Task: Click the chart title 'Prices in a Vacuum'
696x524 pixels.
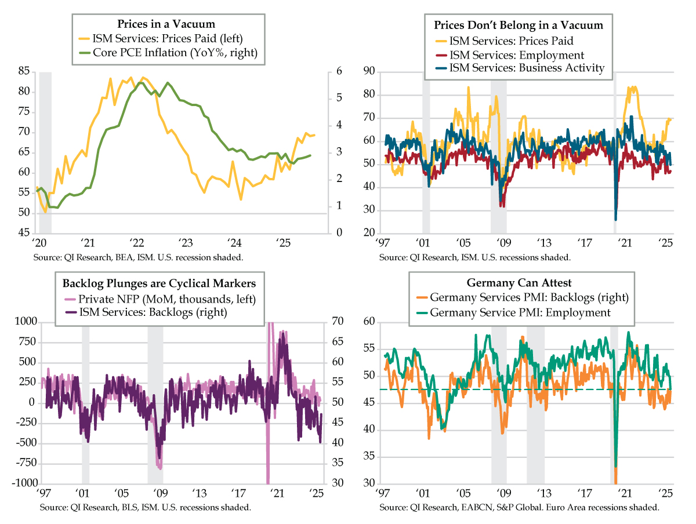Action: tap(166, 24)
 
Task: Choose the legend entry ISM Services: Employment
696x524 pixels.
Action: tap(517, 55)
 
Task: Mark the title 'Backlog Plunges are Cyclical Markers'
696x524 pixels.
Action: tap(159, 283)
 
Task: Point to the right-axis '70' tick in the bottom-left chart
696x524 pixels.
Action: tap(338, 322)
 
